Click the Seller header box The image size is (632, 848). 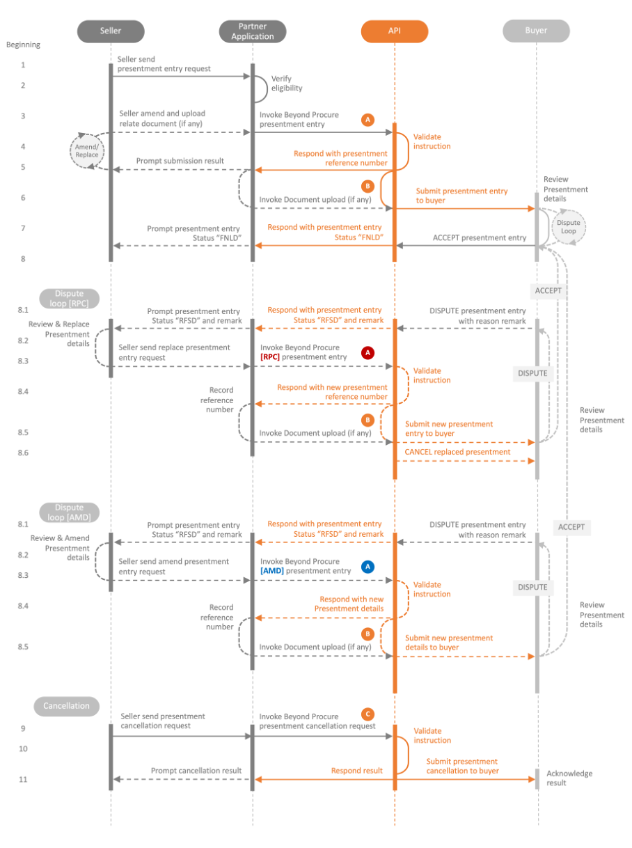point(110,31)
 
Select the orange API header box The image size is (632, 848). point(395,31)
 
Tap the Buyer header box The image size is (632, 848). point(536,31)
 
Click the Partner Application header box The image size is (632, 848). point(252,31)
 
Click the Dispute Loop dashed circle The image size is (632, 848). point(569,227)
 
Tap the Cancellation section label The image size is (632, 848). point(66,706)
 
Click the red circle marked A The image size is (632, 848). point(368,353)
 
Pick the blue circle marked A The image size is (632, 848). point(368,567)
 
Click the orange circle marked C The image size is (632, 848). point(368,714)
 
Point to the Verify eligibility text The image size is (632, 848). point(287,84)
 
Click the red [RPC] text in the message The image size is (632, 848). point(270,357)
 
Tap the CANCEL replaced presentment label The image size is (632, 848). point(457,452)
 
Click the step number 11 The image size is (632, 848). point(23,779)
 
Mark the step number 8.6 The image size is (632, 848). point(23,453)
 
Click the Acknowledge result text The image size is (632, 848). point(569,778)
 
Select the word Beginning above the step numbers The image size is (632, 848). point(24,45)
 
